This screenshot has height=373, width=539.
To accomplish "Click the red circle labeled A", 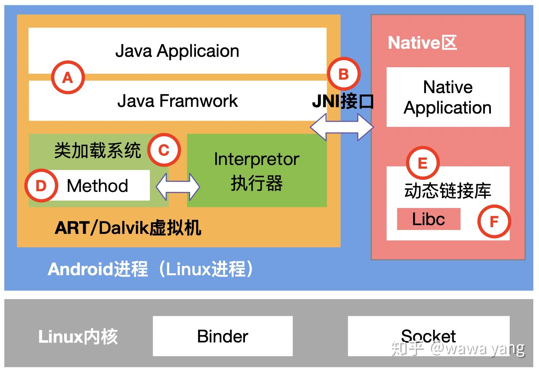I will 68,77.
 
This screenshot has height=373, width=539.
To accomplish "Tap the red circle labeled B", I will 344,74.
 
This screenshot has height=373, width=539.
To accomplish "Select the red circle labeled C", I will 164,150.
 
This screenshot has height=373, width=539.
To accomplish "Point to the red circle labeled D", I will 41,185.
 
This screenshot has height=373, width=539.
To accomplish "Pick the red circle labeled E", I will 423,163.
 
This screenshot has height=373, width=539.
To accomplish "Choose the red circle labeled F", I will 494,221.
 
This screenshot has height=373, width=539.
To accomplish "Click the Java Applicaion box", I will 177,51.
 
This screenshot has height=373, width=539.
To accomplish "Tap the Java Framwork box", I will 177,101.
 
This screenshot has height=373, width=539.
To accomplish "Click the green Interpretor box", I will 257,171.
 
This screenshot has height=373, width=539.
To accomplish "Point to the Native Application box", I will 448,97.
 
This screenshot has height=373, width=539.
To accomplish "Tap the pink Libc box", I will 428,219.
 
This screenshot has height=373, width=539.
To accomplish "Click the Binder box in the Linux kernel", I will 222,336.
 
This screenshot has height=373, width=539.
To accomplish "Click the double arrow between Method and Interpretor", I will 178,186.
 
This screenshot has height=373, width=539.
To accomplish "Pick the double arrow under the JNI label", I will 342,127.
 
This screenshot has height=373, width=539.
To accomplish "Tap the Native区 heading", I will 422,43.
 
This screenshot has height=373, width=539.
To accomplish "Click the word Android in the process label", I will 80,269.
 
